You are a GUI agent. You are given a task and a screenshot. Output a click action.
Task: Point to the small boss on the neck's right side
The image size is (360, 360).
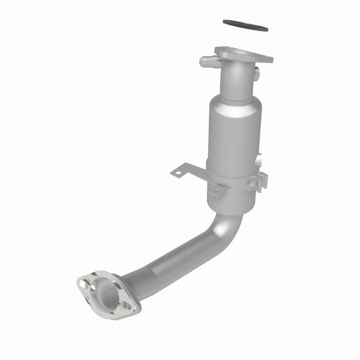point(256,71)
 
